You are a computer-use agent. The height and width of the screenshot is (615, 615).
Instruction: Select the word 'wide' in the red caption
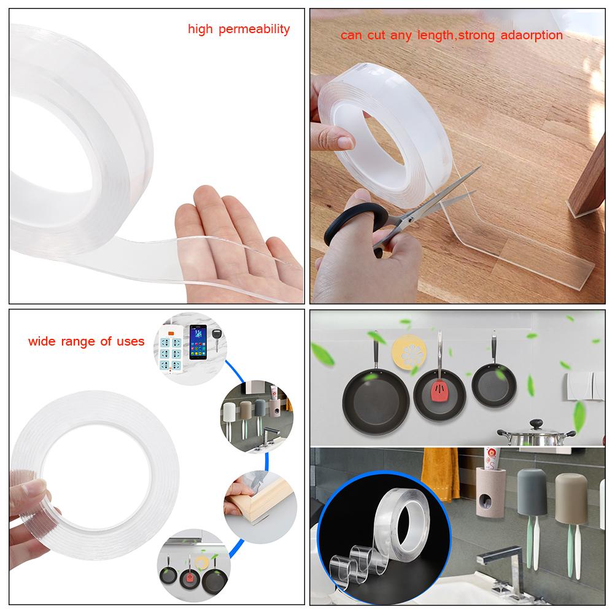coord(42,341)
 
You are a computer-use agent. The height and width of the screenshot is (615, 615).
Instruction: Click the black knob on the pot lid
coord(536,424)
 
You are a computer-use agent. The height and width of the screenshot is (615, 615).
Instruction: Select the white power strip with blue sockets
coord(169,347)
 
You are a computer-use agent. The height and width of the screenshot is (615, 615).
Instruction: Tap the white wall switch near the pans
coord(579,384)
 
